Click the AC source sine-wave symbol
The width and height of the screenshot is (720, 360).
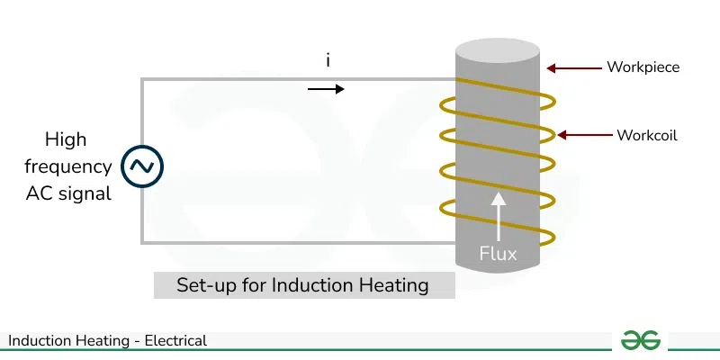click(x=142, y=166)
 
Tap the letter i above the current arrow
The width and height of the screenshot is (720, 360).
click(x=328, y=60)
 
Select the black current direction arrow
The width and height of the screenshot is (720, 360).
click(x=326, y=88)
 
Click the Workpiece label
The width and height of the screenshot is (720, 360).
click(x=643, y=67)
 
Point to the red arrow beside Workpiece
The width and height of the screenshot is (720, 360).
click(x=574, y=68)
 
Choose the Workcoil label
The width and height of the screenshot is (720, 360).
click(x=647, y=136)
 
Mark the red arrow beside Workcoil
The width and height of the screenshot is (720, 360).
click(x=585, y=135)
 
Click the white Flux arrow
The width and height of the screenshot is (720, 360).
click(x=499, y=216)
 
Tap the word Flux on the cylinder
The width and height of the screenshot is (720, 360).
click(x=499, y=254)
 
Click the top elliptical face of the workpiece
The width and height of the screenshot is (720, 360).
click(x=498, y=50)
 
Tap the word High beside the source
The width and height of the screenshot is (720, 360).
click(x=66, y=140)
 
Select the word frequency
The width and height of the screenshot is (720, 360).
click(x=68, y=167)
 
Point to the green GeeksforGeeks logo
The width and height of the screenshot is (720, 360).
click(x=641, y=340)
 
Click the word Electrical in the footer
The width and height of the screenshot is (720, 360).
click(x=175, y=341)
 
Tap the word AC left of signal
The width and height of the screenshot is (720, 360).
click(x=40, y=193)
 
